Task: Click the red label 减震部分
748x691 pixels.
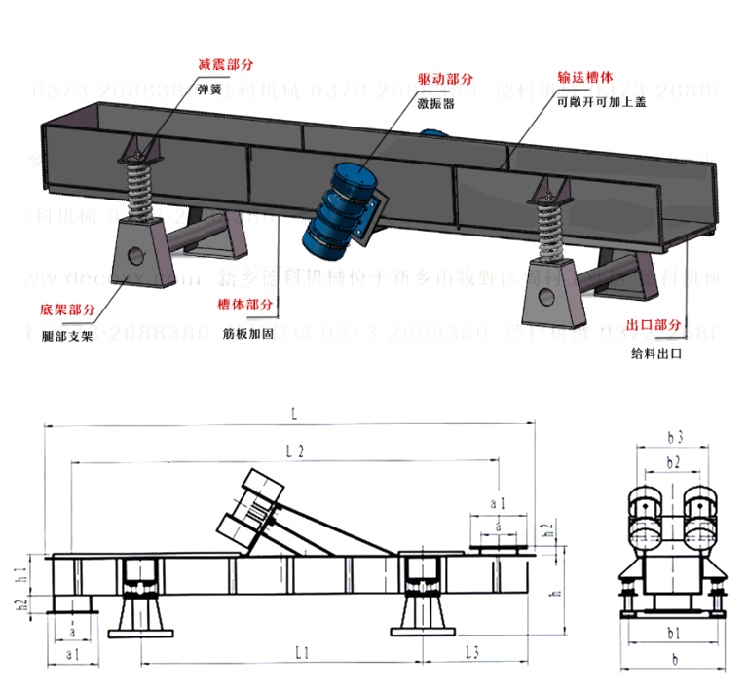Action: [225, 64]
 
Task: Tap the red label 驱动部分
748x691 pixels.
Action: [446, 79]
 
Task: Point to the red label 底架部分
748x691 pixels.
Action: [67, 310]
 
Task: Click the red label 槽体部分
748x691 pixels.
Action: [244, 306]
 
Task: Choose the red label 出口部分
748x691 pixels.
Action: [654, 325]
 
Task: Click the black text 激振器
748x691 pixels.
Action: [435, 101]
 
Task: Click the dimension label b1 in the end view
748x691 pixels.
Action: [672, 634]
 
